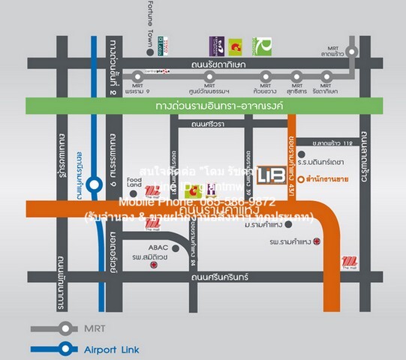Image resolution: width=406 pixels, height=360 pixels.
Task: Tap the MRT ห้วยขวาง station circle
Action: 266,76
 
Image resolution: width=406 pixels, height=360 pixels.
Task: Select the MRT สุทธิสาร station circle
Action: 298,76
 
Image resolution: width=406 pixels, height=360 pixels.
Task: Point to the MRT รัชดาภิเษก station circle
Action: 326,76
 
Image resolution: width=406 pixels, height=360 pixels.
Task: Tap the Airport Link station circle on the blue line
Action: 93,184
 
